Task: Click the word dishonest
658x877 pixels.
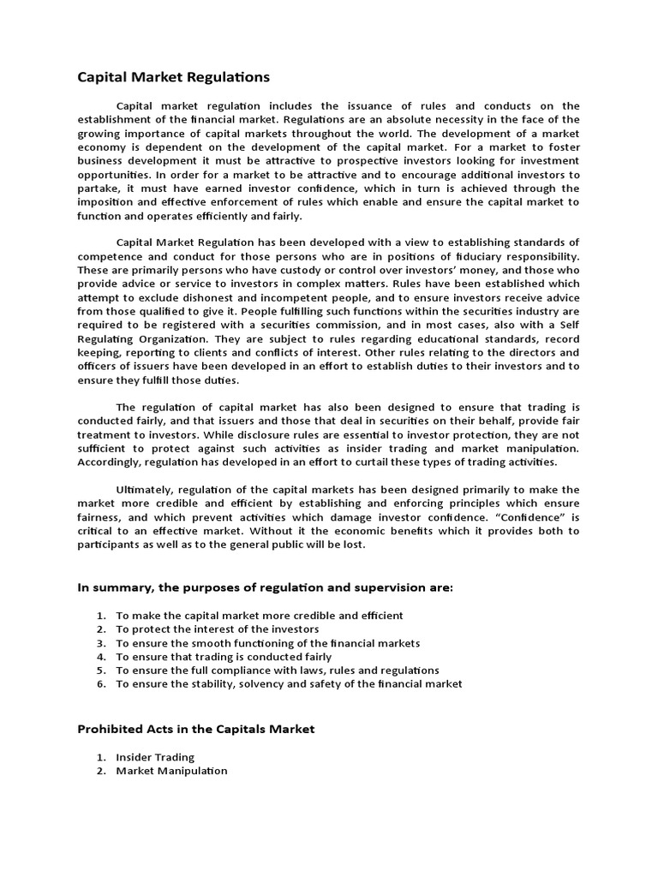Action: (x=186, y=298)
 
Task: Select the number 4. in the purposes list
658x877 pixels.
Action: (x=100, y=656)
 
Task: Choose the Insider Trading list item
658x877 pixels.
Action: (x=155, y=757)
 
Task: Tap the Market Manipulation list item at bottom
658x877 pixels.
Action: (x=171, y=771)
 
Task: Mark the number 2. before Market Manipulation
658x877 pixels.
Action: (x=100, y=771)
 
